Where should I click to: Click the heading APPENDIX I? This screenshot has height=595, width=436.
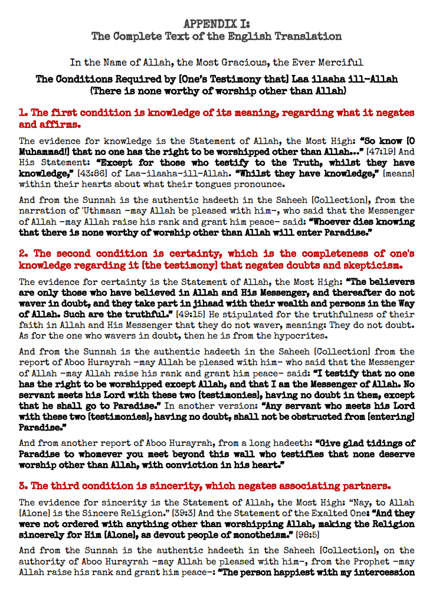217,24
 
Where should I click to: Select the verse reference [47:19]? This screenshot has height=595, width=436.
377,152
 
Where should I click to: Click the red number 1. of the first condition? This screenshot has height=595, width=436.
23,112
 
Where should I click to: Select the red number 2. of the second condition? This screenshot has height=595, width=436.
23,254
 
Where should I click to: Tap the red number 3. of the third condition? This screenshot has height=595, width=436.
23,486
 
